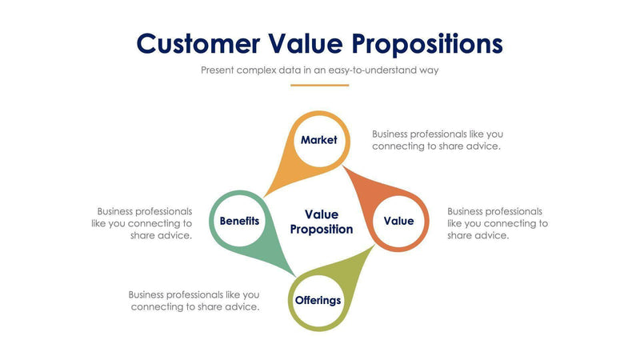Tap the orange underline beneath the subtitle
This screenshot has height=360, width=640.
tap(319, 85)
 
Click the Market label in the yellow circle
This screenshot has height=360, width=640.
tap(318, 140)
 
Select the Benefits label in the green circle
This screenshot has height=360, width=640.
tap(239, 221)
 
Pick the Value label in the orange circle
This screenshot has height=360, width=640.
tap(398, 221)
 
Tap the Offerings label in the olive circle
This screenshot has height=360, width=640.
tap(318, 301)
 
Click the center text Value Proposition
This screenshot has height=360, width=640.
tap(321, 222)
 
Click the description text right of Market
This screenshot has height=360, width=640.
tap(437, 140)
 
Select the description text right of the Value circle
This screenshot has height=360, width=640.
tap(497, 223)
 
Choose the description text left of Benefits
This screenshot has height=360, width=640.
tap(142, 223)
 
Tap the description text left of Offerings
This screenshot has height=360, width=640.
tap(194, 301)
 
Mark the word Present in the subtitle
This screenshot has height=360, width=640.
tap(218, 70)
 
